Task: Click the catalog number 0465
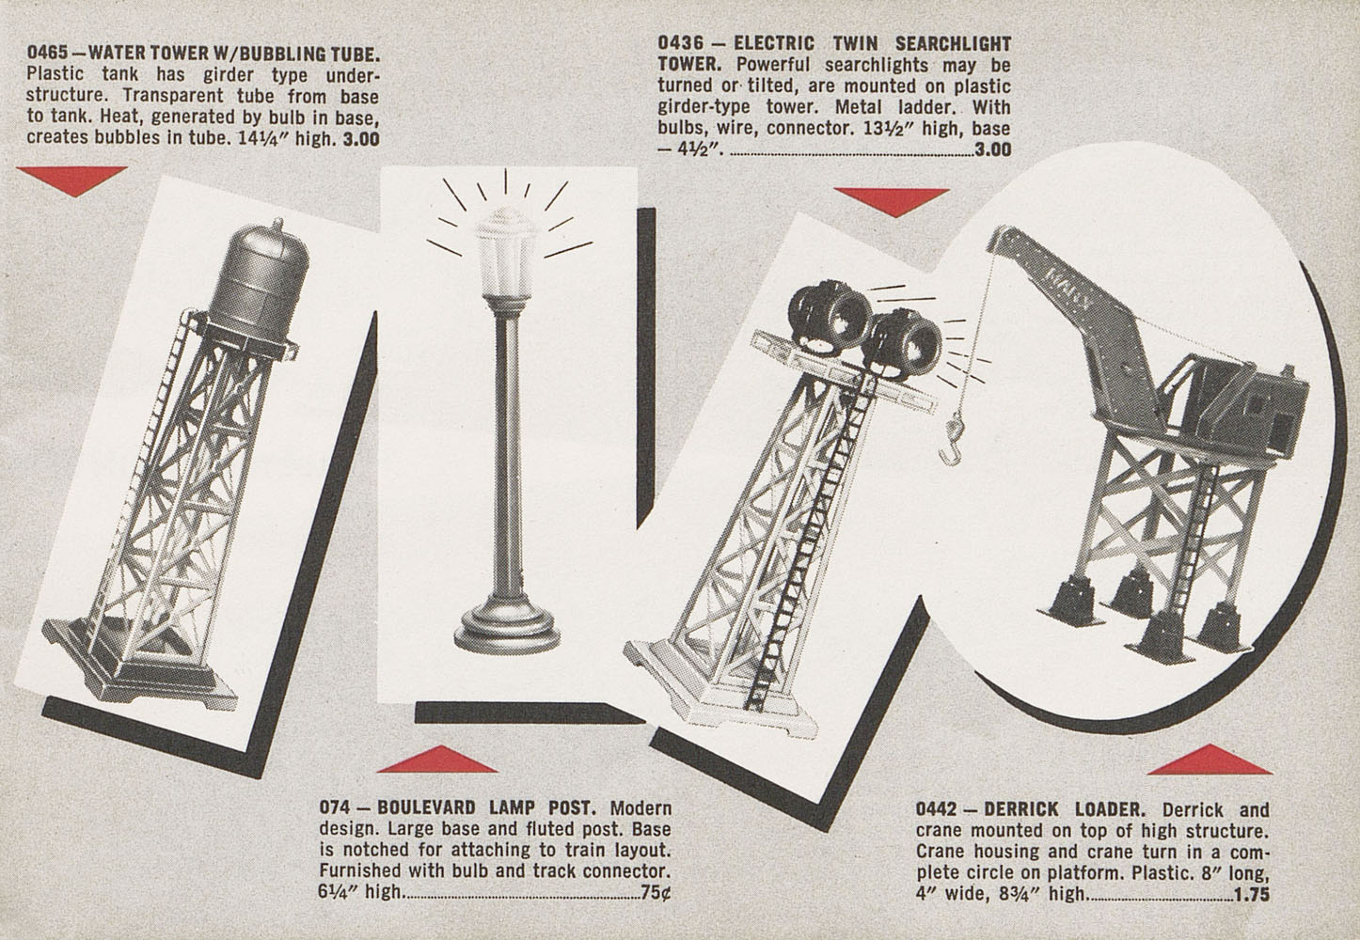[47, 53]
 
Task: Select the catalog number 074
[335, 807]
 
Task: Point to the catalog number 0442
[937, 809]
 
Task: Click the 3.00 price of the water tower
[361, 139]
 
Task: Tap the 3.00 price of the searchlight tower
[993, 149]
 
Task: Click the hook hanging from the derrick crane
[952, 437]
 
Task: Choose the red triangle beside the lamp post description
[437, 760]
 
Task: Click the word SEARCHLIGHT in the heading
[953, 43]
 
